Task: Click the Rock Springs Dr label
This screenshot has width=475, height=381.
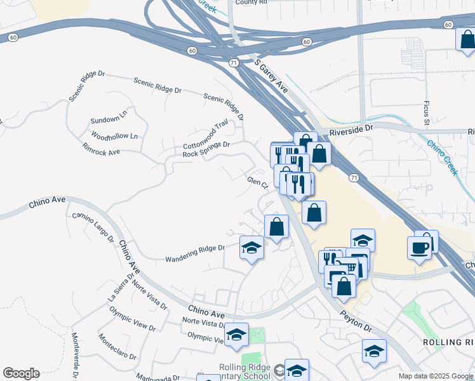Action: point(206,149)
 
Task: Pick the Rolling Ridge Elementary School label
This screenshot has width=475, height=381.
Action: point(244,371)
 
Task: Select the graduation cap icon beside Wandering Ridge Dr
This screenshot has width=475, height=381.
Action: point(251,247)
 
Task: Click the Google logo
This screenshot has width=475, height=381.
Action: point(21,373)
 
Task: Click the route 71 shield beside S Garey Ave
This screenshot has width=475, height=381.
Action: point(234,63)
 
